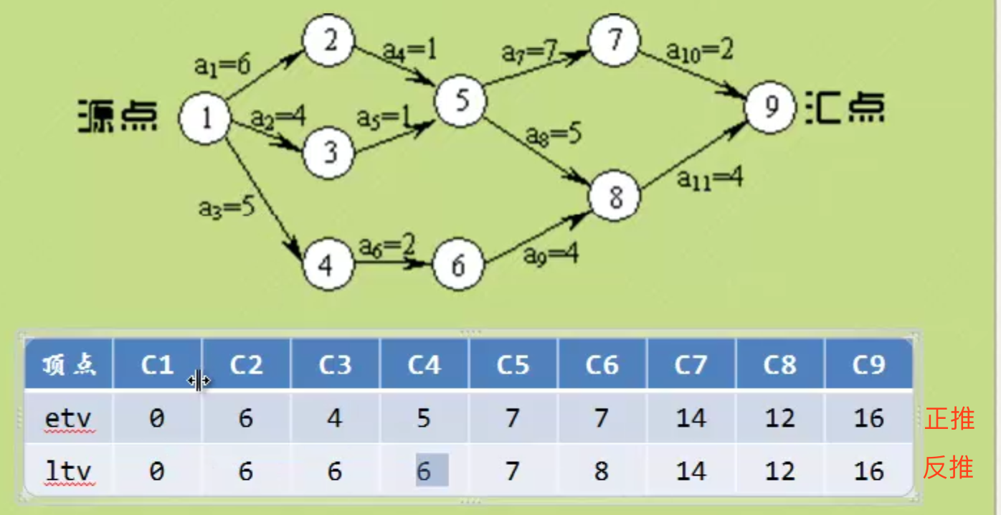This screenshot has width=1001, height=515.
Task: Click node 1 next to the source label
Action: (204, 118)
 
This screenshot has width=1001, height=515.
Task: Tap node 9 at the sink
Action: (770, 107)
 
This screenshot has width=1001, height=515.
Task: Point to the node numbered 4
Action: (328, 264)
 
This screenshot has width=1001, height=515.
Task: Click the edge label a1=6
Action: (222, 65)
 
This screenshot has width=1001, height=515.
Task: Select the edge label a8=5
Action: (554, 135)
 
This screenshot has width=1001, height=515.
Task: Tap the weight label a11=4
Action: (710, 178)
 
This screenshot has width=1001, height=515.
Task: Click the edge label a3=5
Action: (227, 207)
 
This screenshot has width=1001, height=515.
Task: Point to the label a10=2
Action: (699, 50)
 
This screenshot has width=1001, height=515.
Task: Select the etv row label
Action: (68, 418)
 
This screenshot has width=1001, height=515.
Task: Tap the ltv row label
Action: (68, 471)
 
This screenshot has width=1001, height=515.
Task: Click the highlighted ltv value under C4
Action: (432, 471)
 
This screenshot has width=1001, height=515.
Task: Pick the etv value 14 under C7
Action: (691, 418)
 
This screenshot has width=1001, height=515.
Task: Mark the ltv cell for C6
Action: (602, 471)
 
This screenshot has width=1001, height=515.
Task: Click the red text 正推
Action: (949, 418)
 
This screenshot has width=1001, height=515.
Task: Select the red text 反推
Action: (948, 467)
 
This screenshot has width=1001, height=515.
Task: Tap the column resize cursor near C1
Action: (199, 381)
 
